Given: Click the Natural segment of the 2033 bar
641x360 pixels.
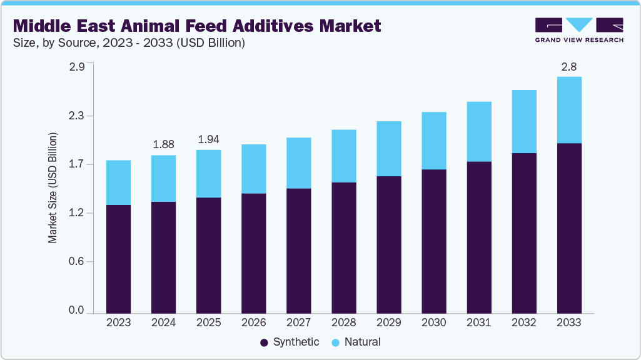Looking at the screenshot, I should (x=568, y=110).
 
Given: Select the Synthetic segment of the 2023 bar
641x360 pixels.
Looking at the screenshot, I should (x=118, y=259).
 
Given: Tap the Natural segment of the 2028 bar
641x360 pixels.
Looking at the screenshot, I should (x=343, y=156).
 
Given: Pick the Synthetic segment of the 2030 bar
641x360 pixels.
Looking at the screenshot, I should (x=433, y=241).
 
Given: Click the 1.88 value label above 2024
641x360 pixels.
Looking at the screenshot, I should (x=163, y=144).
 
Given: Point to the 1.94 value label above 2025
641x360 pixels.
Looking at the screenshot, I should (x=208, y=139).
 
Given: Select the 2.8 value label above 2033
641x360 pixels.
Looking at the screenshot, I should (x=568, y=66).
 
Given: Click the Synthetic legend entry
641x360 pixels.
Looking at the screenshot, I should (x=289, y=342).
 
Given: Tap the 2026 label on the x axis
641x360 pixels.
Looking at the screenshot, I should (x=253, y=323).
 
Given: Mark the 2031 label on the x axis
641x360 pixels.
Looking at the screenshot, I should (x=478, y=323).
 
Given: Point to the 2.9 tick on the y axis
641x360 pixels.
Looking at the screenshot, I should (x=76, y=67).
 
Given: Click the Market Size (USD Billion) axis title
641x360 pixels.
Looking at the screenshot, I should (x=53, y=187).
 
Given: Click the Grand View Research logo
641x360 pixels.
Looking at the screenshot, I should (x=578, y=29).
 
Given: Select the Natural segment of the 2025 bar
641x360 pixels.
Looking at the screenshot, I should (x=208, y=174).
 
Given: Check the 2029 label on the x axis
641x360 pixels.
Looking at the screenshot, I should (x=388, y=323).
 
